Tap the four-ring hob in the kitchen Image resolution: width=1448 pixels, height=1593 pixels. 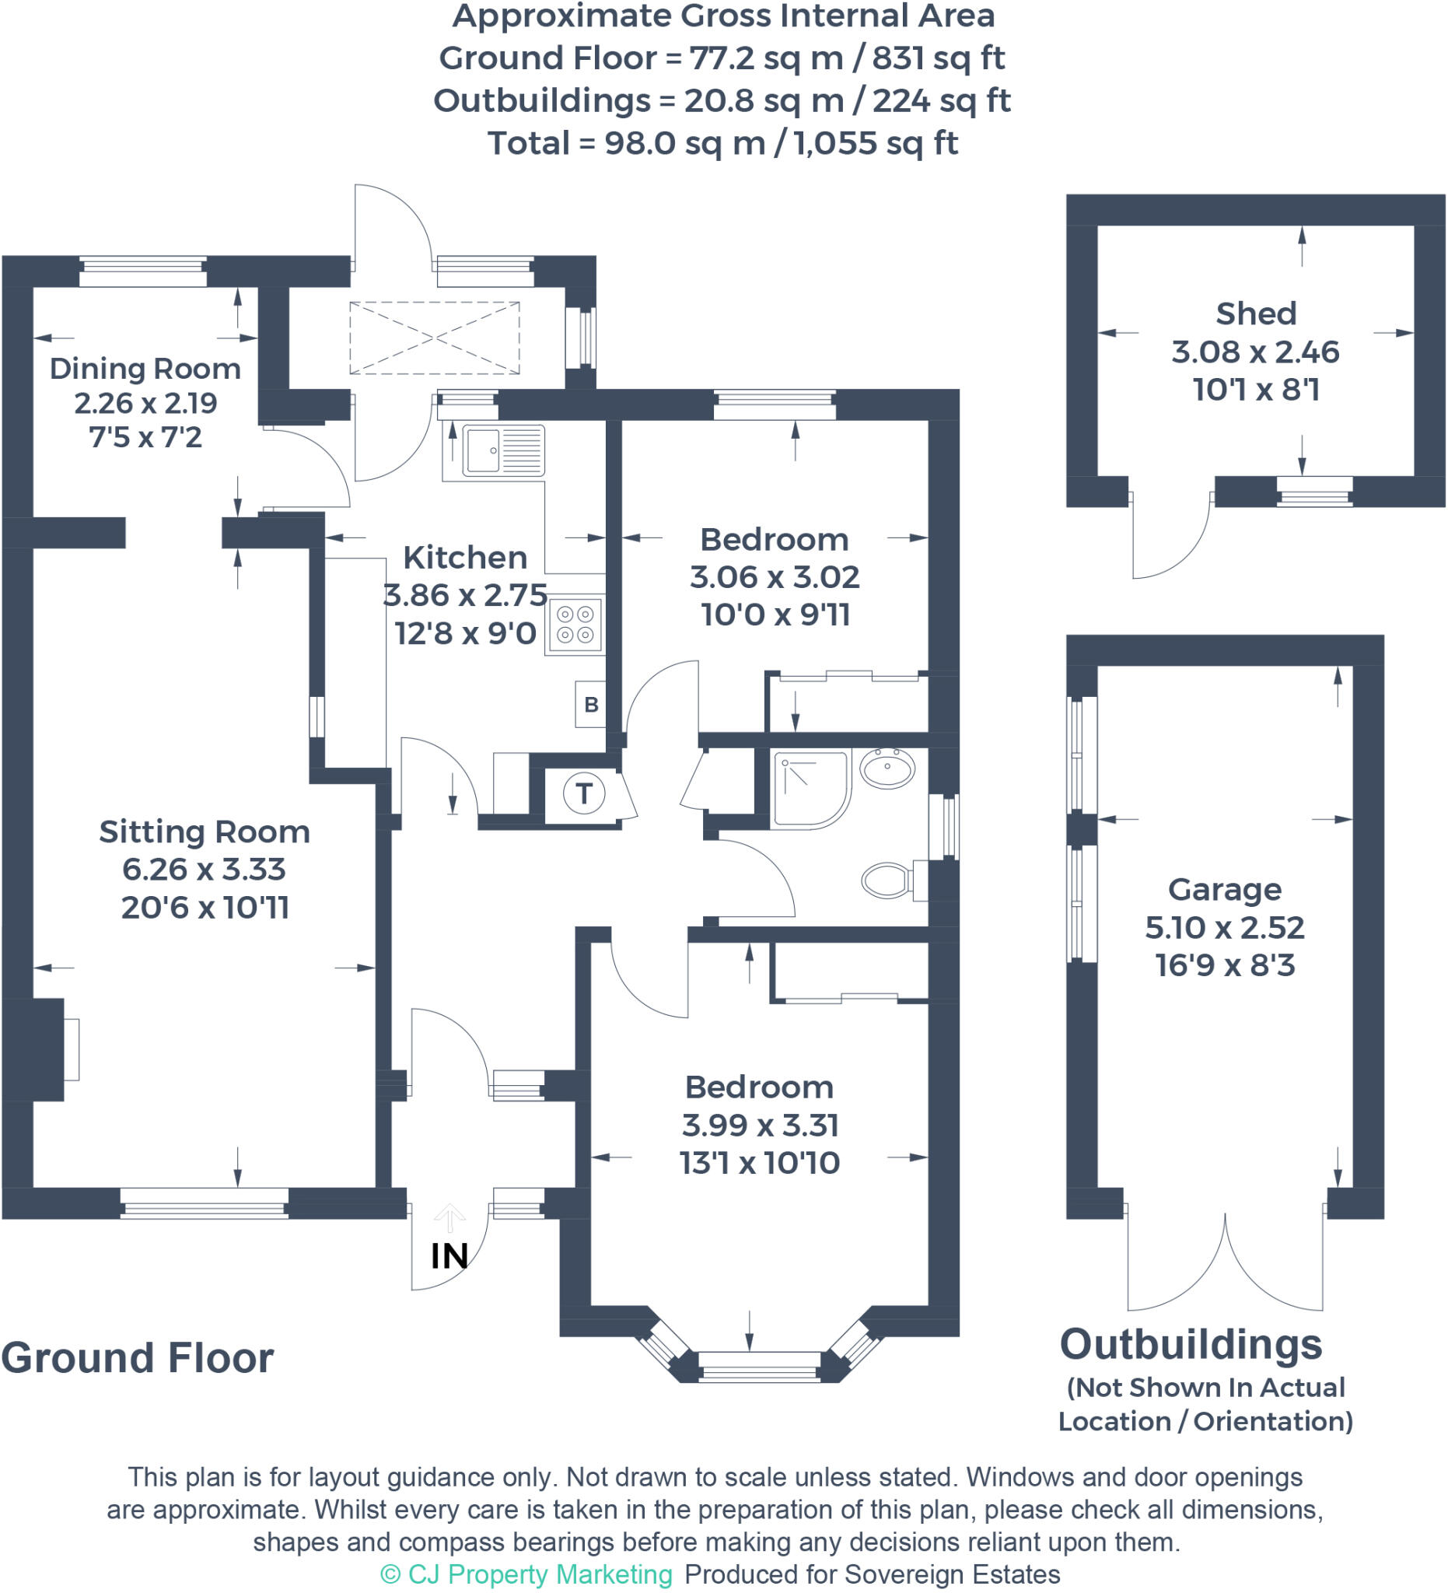pyautogui.click(x=575, y=625)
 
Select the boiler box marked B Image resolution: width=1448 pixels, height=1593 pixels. pyautogui.click(x=591, y=704)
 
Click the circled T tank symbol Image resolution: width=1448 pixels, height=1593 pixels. pyautogui.click(x=584, y=793)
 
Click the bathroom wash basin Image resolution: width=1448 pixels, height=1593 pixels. pyautogui.click(x=887, y=767)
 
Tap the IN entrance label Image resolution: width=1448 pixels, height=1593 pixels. pyautogui.click(x=449, y=1256)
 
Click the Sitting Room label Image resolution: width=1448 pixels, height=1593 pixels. pyautogui.click(x=204, y=832)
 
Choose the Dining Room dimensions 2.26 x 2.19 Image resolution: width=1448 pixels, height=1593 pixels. pyautogui.click(x=145, y=404)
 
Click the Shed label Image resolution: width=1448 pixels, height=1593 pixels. pyautogui.click(x=1255, y=313)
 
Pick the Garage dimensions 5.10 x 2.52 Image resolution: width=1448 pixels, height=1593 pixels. pyautogui.click(x=1225, y=928)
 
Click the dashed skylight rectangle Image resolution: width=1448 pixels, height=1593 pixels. pyautogui.click(x=435, y=338)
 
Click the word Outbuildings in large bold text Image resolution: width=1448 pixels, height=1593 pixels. pyautogui.click(x=1191, y=1345)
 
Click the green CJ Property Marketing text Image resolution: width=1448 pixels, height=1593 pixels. pyautogui.click(x=526, y=1574)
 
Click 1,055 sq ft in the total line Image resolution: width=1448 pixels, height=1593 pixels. pyautogui.click(x=876, y=144)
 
